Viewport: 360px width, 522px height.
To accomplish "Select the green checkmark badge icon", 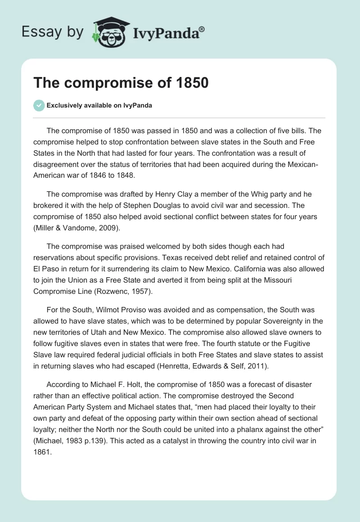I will click(39, 105).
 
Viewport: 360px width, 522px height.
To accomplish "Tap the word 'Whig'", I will click(241, 194).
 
